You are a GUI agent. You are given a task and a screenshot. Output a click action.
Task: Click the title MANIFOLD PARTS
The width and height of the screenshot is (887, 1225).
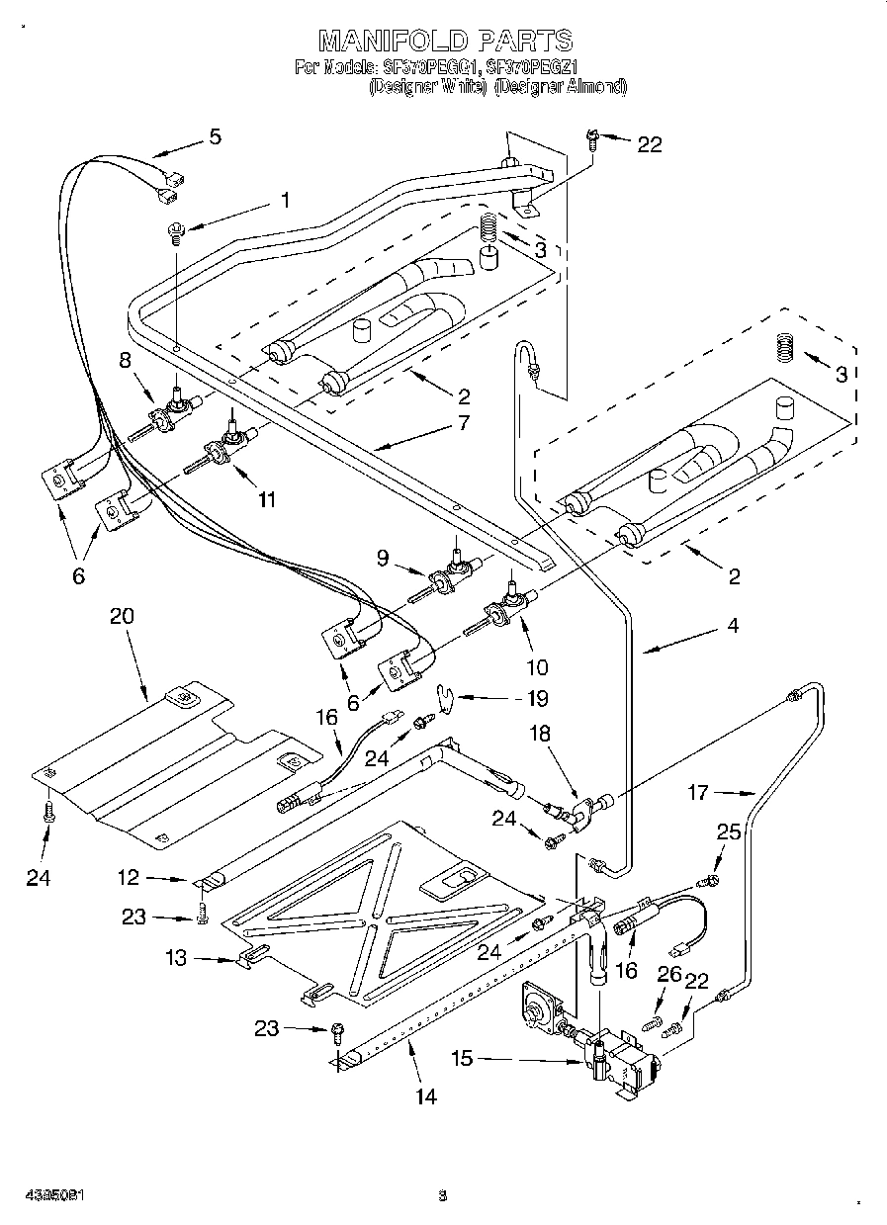click(x=444, y=41)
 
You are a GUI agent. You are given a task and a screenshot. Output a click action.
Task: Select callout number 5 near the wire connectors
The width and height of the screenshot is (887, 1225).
click(x=215, y=136)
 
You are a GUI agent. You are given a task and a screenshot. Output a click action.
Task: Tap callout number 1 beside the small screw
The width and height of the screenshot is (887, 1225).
click(x=285, y=200)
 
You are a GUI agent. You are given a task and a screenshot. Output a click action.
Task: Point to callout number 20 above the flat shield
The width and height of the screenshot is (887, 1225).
click(x=122, y=616)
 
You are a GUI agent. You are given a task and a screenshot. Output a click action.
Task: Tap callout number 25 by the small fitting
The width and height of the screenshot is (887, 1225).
click(x=728, y=832)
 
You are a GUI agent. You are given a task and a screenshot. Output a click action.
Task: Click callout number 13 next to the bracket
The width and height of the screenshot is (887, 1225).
click(x=175, y=957)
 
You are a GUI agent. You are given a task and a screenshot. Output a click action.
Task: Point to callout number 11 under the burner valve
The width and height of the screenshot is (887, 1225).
click(x=267, y=499)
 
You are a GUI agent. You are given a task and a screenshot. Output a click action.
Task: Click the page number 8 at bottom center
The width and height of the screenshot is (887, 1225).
click(x=443, y=1194)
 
